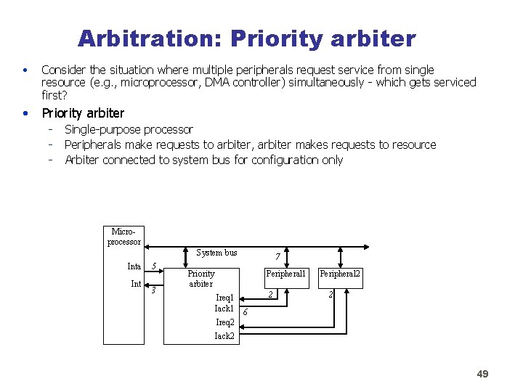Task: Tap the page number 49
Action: point(482,374)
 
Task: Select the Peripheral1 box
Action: point(286,274)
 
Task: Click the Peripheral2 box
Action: point(341,274)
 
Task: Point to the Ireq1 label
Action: point(224,298)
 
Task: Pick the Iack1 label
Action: point(224,309)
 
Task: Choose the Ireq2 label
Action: point(224,322)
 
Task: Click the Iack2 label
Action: point(224,336)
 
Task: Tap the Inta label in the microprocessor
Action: point(134,266)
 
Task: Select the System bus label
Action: point(216,253)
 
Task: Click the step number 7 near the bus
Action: point(277,256)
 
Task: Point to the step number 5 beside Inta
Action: point(153,265)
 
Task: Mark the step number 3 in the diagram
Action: point(153,291)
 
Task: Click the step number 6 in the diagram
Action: point(245,312)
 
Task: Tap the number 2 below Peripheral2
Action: point(331,295)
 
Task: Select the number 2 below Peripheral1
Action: point(269,295)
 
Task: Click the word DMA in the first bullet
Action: point(219,83)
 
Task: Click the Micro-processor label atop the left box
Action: point(123,236)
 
